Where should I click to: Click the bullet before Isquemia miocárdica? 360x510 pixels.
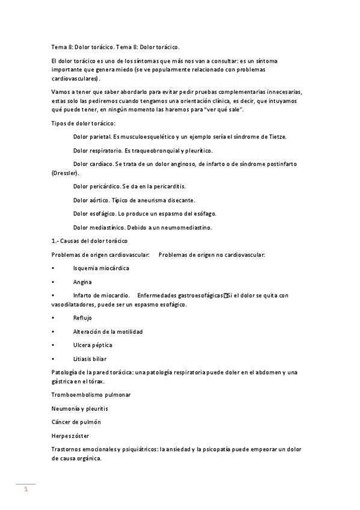(54, 268)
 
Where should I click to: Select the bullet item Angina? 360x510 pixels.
(82, 281)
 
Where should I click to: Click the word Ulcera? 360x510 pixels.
(82, 345)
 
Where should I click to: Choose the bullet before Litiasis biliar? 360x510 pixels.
(54, 358)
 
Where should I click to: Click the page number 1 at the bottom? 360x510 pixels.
(26, 490)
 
